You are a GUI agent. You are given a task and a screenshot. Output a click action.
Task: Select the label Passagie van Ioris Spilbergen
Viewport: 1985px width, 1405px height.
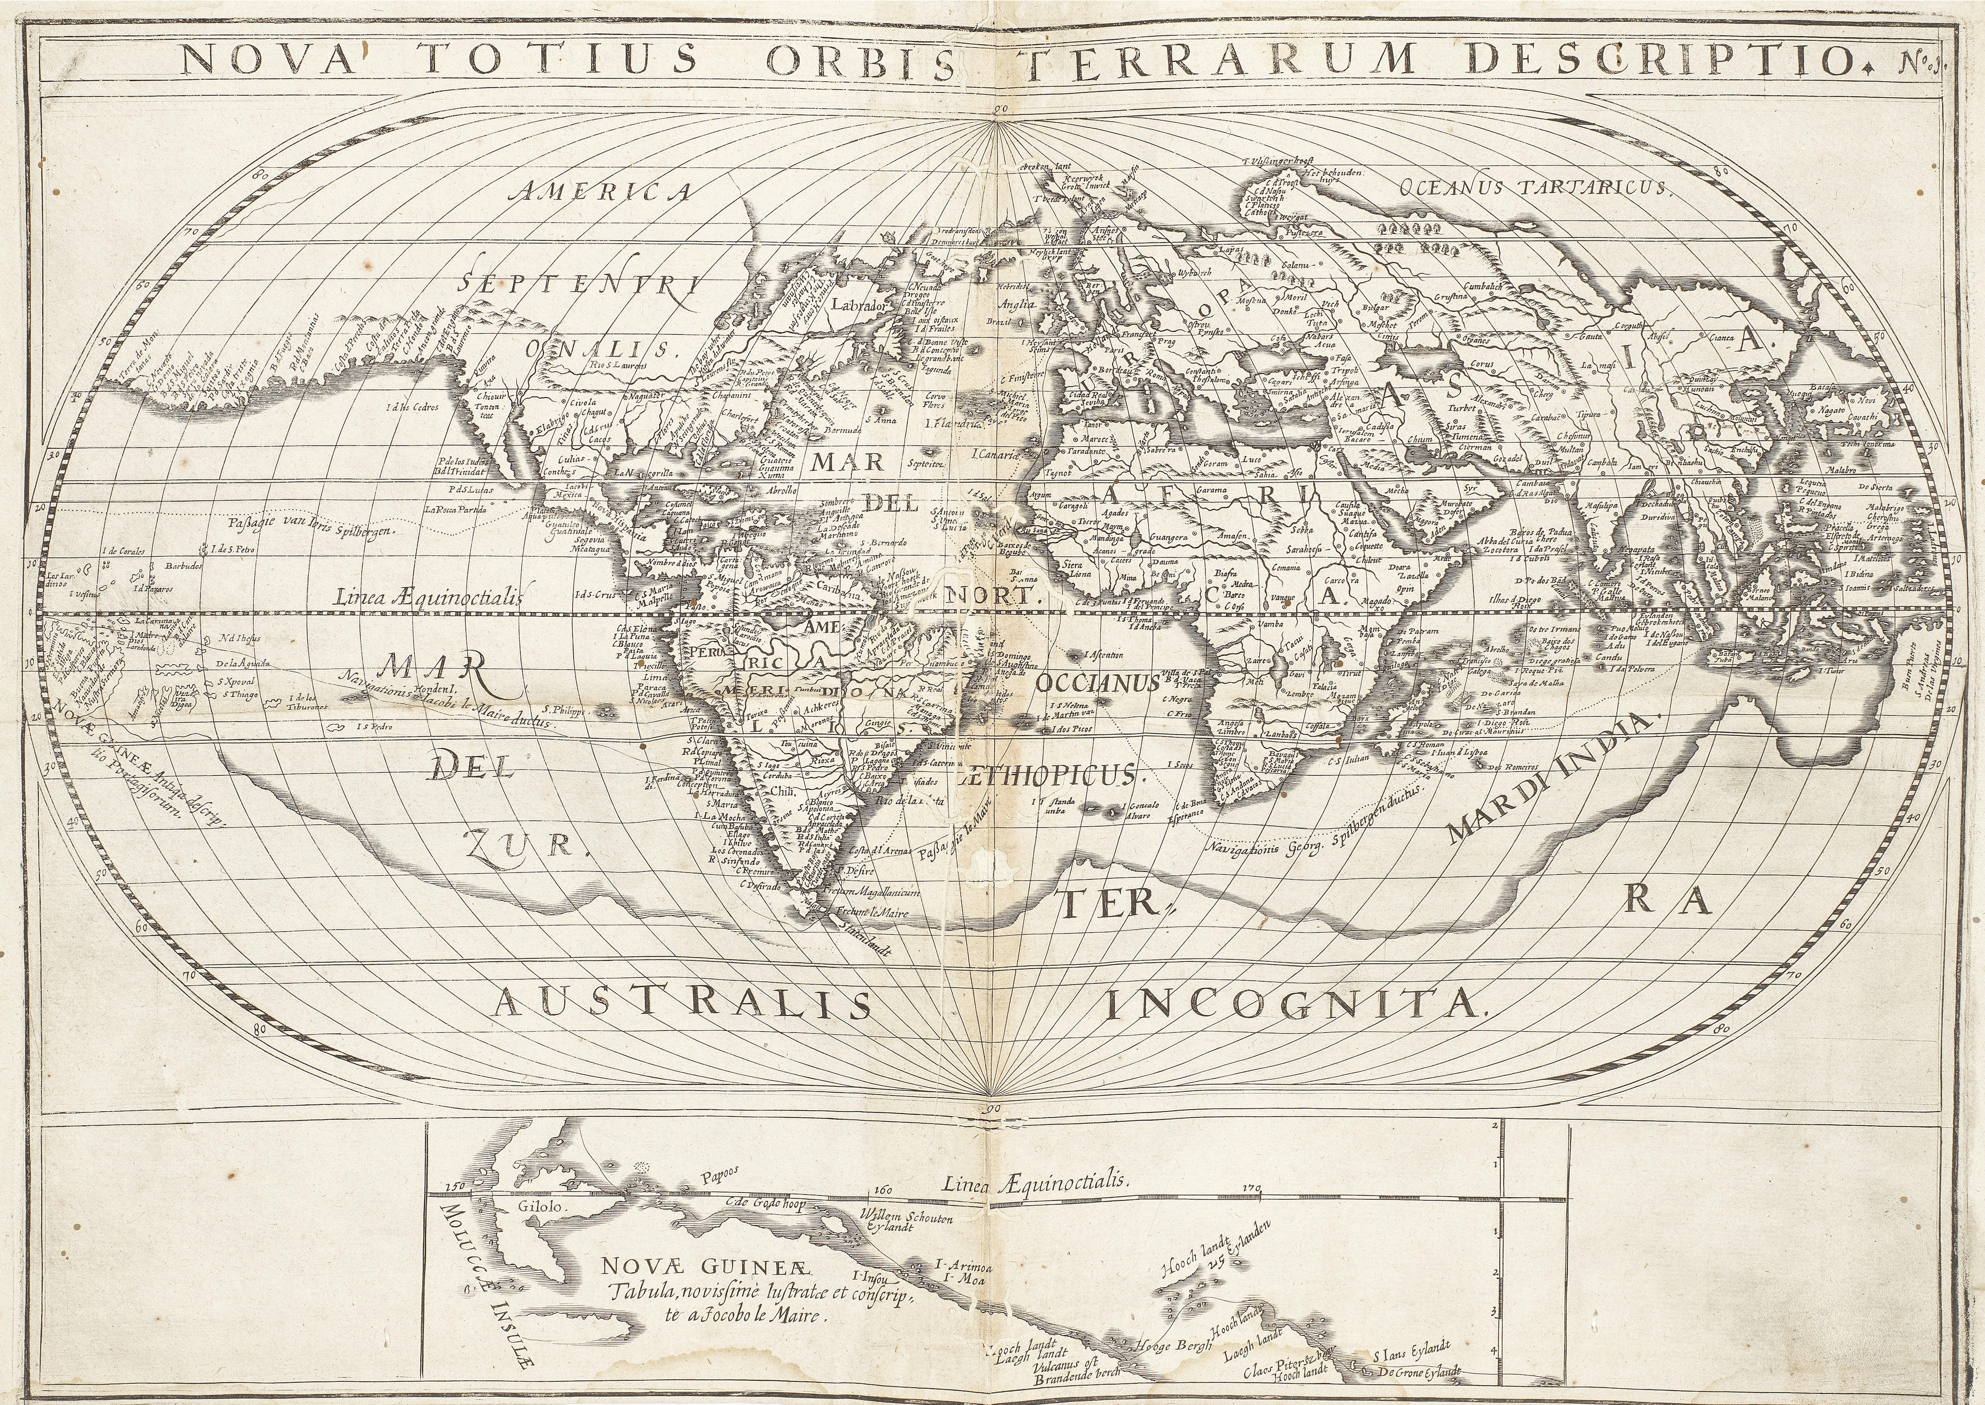(x=311, y=526)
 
